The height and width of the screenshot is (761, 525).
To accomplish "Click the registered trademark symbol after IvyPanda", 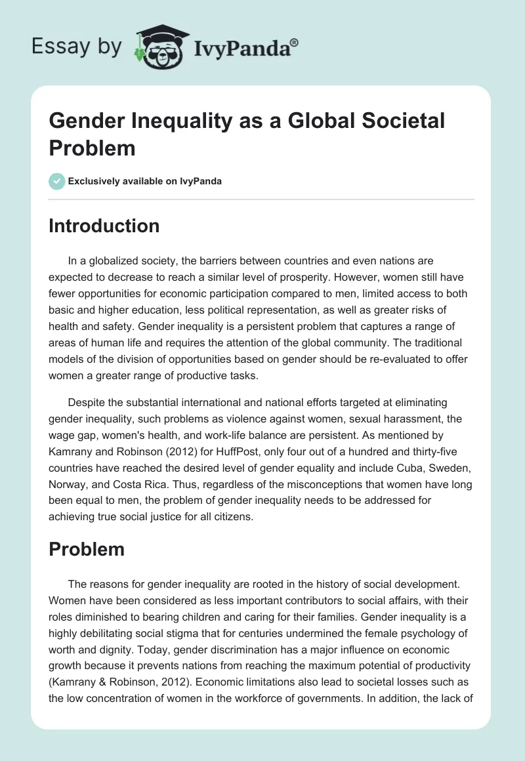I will pos(295,41).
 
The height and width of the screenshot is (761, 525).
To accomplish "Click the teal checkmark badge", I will pos(57,181).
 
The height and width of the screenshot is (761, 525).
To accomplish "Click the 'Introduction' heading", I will pos(104,226).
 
